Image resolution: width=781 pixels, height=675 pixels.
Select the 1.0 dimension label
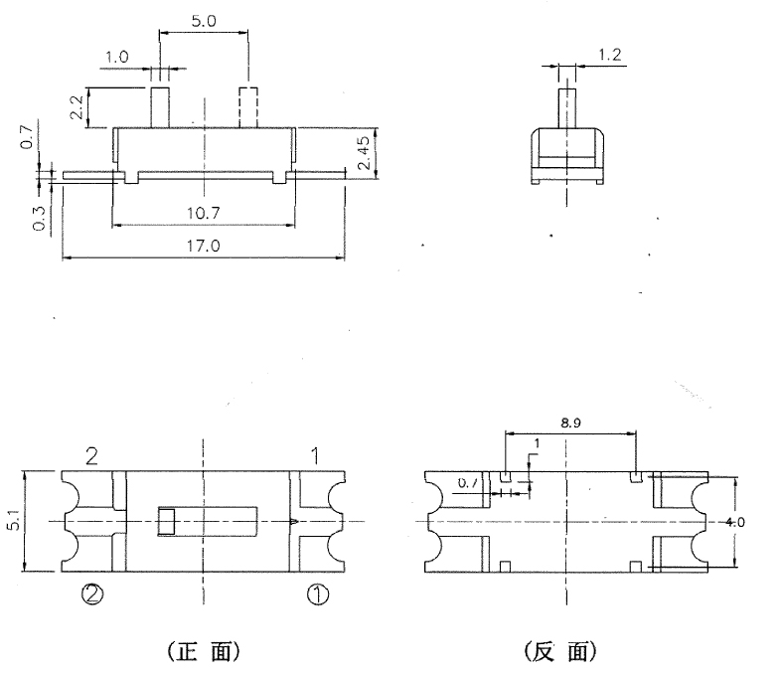tap(116, 58)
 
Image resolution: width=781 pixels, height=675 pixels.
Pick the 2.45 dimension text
tap(366, 152)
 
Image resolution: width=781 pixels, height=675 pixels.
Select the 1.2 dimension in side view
tap(610, 57)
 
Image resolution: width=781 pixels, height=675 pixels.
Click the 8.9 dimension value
tap(570, 422)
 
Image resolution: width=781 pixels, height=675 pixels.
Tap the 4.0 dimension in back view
tap(733, 521)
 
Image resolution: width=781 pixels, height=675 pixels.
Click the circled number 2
tap(90, 594)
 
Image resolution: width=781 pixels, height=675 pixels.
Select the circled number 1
tap(315, 594)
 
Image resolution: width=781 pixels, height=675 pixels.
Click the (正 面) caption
tap(202, 651)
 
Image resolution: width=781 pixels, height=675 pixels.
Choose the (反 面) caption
tap(559, 651)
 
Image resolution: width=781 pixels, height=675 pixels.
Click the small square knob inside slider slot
tap(167, 521)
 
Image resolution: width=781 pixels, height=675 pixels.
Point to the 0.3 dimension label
tap(38, 220)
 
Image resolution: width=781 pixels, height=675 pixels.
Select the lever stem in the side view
tap(564, 107)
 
